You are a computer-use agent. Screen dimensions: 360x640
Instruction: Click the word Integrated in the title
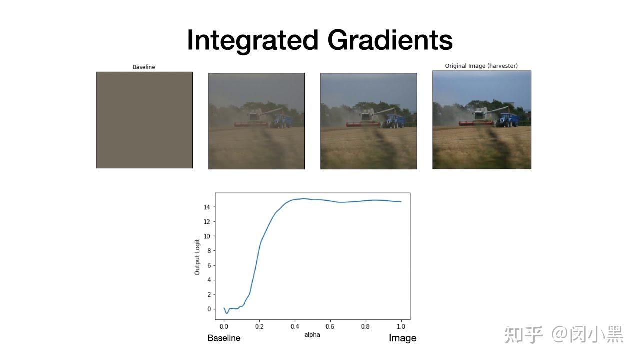tap(252, 40)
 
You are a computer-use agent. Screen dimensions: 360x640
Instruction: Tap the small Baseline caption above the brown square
tap(144, 67)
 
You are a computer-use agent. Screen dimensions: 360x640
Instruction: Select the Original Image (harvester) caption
tap(481, 66)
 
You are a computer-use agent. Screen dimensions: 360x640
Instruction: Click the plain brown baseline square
tap(144, 120)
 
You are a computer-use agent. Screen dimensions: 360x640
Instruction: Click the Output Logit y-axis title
tap(197, 256)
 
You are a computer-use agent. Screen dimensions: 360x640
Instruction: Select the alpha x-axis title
tap(312, 334)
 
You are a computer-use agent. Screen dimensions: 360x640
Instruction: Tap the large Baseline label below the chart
tap(224, 338)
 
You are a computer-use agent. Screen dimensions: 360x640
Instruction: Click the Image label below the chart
tap(402, 338)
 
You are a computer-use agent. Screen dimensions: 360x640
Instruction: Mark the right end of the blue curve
tap(401, 201)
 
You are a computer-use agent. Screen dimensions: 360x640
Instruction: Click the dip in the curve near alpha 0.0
tap(227, 313)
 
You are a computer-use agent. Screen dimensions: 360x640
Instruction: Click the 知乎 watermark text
tap(523, 334)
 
